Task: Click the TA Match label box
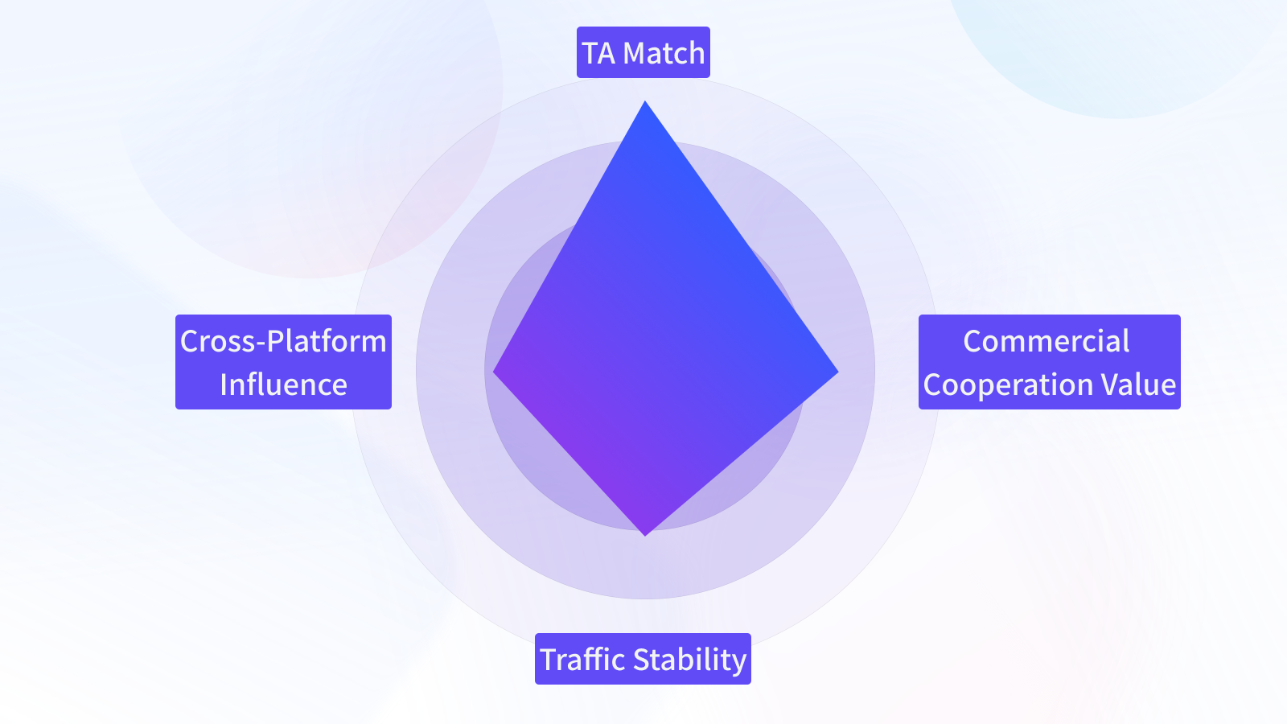click(x=643, y=52)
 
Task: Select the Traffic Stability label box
click(x=643, y=659)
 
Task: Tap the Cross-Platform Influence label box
click(x=283, y=362)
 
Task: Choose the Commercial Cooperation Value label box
click(x=1049, y=362)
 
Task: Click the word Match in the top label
click(x=664, y=53)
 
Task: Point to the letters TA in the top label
click(x=598, y=53)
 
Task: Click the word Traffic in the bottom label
click(x=582, y=660)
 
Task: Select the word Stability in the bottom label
click(x=690, y=660)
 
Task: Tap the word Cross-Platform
click(x=283, y=341)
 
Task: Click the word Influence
click(x=283, y=385)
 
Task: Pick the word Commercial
click(x=1046, y=341)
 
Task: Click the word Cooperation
click(x=1008, y=385)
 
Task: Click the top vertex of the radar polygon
click(x=645, y=103)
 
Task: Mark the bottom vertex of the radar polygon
click(x=645, y=533)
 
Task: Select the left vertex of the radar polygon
click(x=495, y=372)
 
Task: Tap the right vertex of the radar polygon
click(x=836, y=372)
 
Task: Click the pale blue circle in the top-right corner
click(x=1118, y=48)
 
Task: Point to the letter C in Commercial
click(x=972, y=342)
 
